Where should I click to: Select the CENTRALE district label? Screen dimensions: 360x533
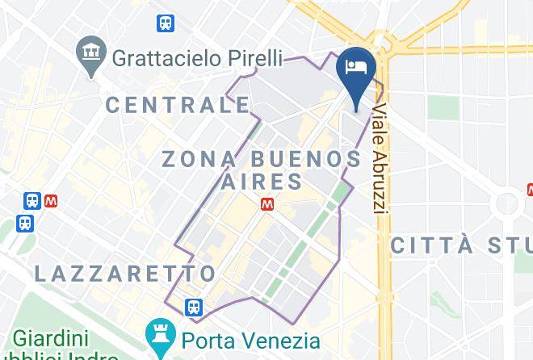click(178, 104)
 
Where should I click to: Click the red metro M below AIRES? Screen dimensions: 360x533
click(266, 205)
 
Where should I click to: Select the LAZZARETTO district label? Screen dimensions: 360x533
click(125, 273)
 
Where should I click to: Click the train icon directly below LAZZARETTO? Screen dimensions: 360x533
click(193, 307)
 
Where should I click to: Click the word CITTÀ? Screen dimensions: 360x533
click(429, 245)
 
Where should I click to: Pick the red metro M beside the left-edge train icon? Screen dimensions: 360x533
click(52, 199)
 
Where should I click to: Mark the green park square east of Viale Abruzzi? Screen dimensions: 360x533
click(443, 107)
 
